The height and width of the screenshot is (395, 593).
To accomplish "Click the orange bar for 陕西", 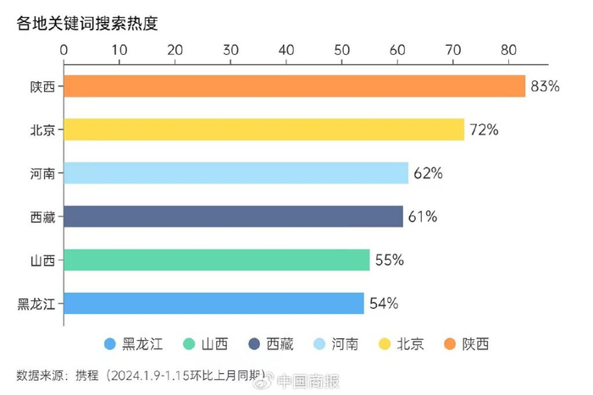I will pos(294,86).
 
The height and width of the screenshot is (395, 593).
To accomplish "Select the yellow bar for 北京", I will pos(263,129).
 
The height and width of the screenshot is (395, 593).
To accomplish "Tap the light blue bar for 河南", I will pos(236,173).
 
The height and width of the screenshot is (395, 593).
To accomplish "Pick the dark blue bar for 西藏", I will pos(233,217).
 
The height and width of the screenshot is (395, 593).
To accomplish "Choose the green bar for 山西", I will pos(216,260).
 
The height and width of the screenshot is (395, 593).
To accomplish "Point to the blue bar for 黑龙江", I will pos(213,303).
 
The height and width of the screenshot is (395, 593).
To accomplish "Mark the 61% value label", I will pos(423,217).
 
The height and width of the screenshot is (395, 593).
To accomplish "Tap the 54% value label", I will pos(383,303).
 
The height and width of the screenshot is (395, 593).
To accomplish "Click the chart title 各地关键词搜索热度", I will pos(86,23).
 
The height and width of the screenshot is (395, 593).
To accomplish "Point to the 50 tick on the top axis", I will pos(342,50).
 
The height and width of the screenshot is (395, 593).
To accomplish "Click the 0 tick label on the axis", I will pos(64,50).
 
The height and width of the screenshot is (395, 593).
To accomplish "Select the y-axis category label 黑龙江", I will pos(36,304).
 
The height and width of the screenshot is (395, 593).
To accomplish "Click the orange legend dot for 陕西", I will pos(448,344).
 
